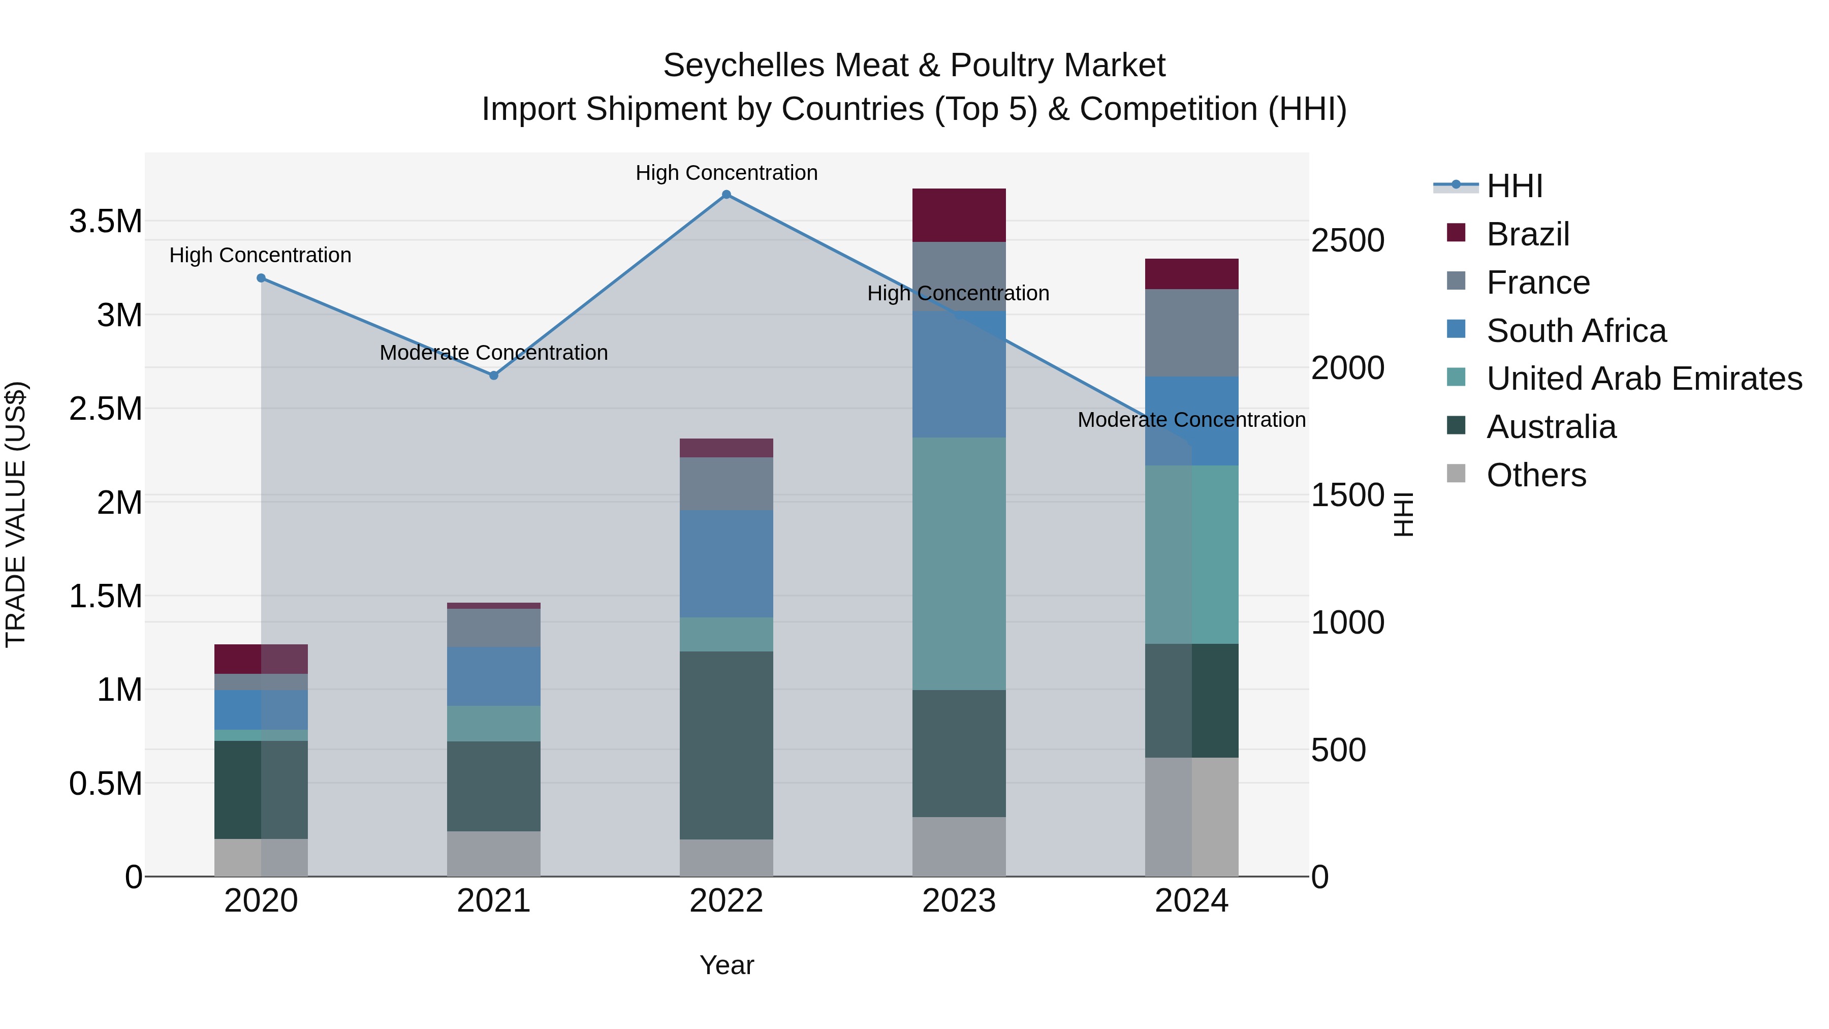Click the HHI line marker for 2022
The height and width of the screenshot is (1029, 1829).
(727, 195)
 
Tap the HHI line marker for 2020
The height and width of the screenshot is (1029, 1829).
(261, 278)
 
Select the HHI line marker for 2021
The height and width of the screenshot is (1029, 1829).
(494, 376)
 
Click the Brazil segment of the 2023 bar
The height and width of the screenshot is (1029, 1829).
(959, 215)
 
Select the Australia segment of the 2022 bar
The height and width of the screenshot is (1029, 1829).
(727, 745)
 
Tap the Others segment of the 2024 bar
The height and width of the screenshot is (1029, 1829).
(1191, 817)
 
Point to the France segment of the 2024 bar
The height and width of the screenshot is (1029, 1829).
(1191, 332)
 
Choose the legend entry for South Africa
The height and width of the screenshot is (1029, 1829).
(1575, 331)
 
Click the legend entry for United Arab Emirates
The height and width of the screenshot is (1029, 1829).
(1644, 379)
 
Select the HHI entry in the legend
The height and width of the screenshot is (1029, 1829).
(1514, 186)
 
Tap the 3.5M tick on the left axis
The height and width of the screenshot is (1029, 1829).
(105, 222)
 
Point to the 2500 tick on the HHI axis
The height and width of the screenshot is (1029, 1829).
(1347, 241)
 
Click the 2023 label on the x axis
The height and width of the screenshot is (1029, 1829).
(959, 901)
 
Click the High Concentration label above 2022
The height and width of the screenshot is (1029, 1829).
(727, 173)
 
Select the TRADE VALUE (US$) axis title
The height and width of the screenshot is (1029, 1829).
(16, 514)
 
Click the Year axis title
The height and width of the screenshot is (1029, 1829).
(727, 965)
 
